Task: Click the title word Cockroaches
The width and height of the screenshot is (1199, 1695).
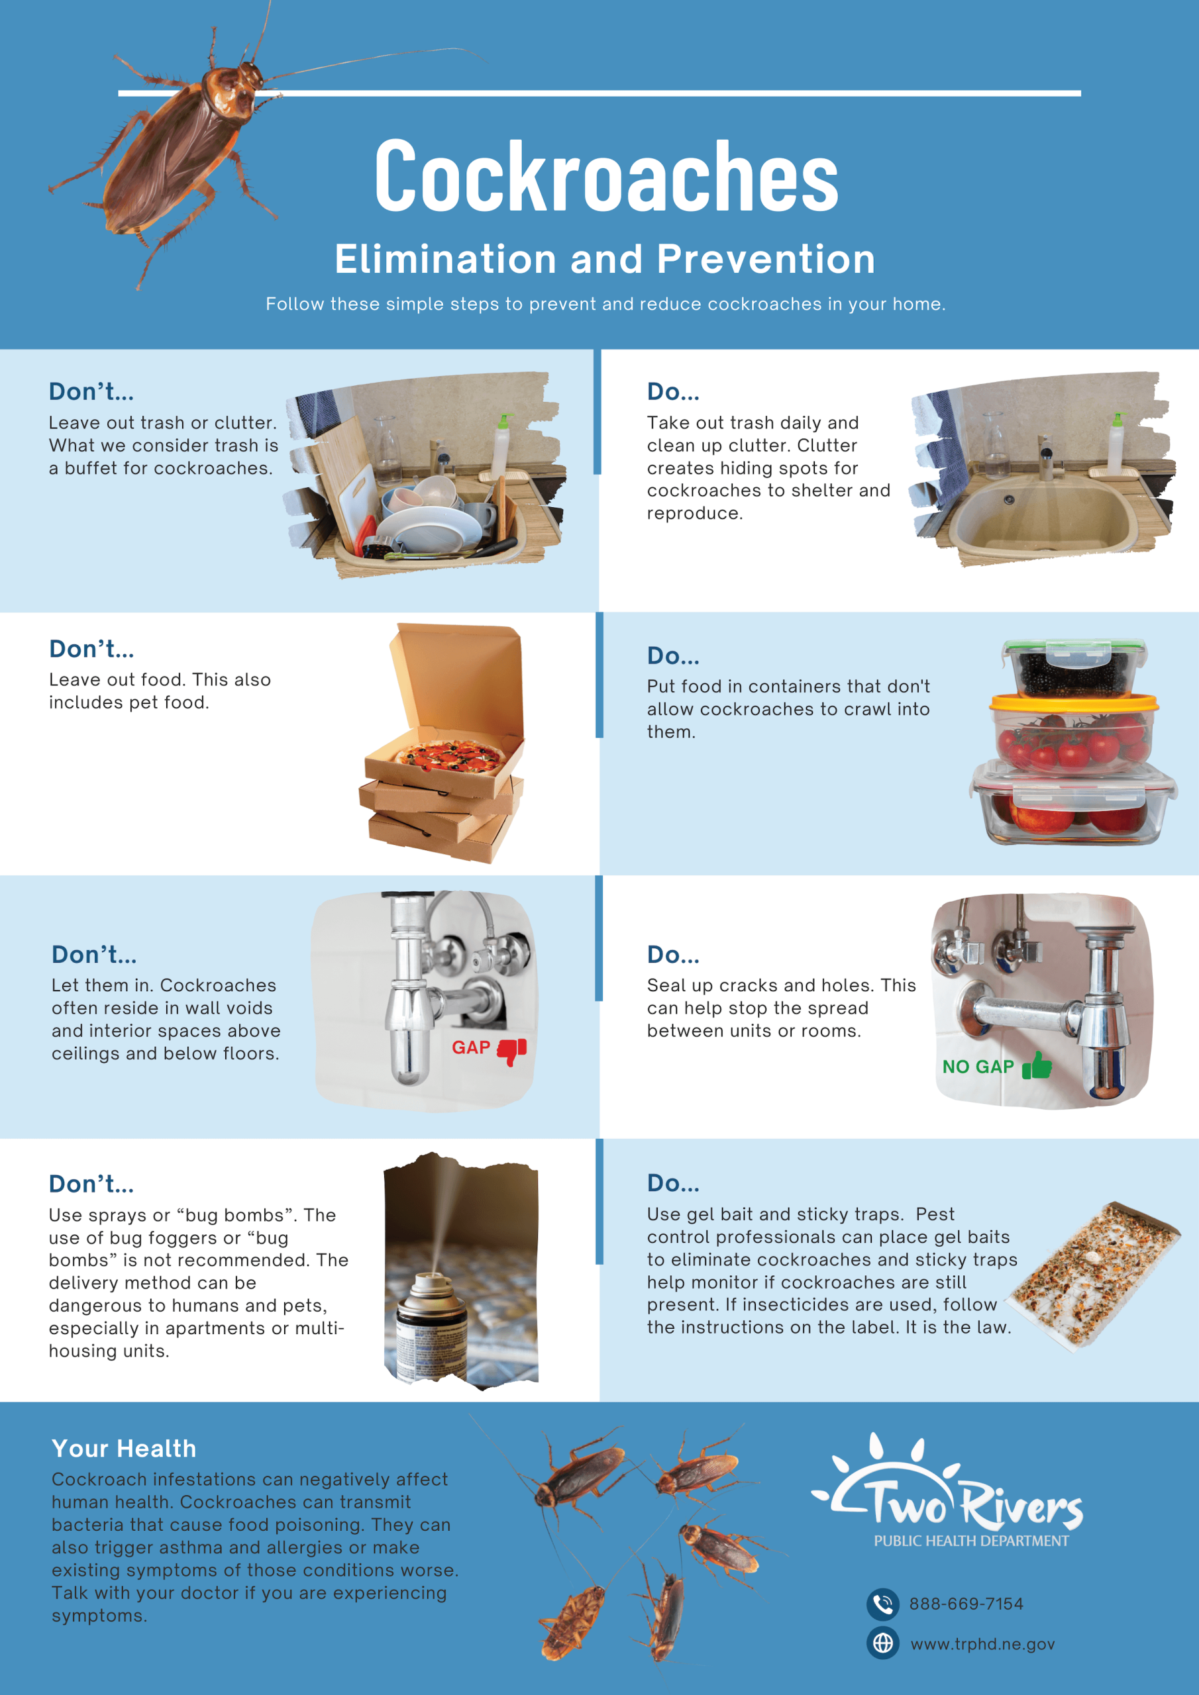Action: (x=607, y=175)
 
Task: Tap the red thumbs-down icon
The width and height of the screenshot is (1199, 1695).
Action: (x=512, y=1051)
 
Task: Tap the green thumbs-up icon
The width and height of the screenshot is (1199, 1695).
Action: (x=1037, y=1065)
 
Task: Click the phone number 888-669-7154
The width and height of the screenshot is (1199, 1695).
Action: (x=966, y=1604)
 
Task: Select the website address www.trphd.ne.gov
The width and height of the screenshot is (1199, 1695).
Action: (x=982, y=1644)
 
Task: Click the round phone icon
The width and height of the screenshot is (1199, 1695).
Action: (x=883, y=1604)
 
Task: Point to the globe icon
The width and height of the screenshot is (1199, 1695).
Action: (x=883, y=1643)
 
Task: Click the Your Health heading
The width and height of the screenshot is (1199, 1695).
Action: (x=124, y=1449)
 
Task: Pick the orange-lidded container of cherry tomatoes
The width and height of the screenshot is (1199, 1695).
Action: (x=1073, y=734)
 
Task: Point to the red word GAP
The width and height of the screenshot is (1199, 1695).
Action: (x=470, y=1047)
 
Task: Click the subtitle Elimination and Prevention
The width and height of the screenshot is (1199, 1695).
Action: (x=605, y=259)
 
